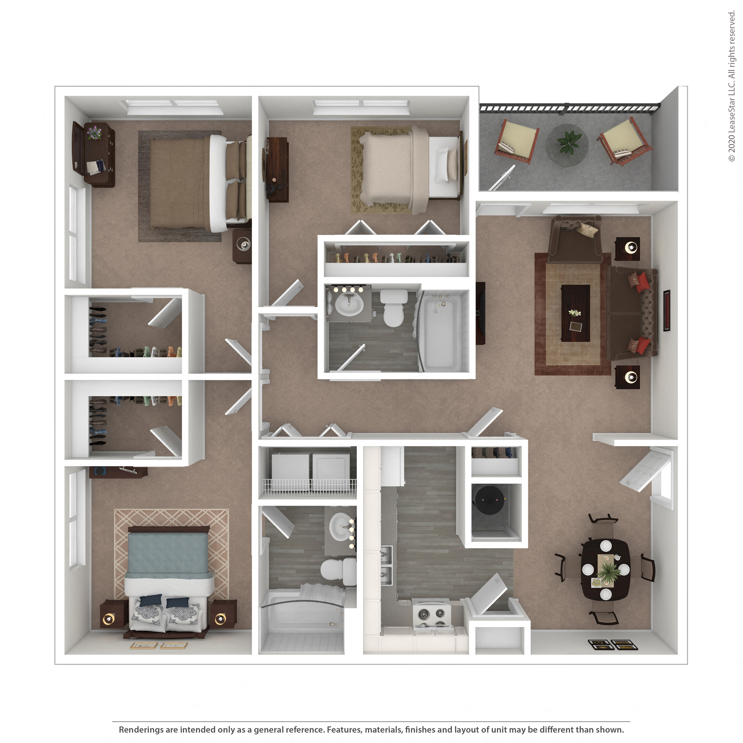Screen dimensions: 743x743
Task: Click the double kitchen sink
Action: (386, 565)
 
